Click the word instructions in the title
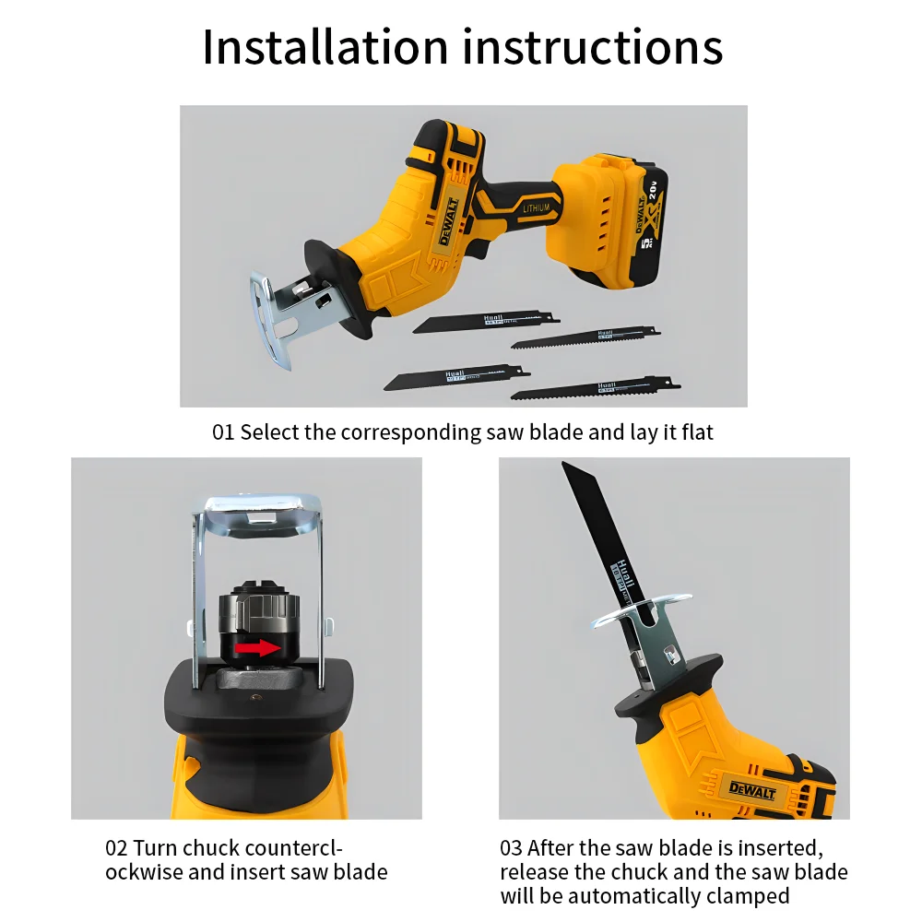[593, 47]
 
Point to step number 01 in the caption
[223, 432]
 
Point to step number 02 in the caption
[116, 848]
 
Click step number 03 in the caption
[512, 848]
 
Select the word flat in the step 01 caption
[698, 432]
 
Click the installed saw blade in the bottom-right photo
[599, 535]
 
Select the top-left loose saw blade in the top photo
[484, 321]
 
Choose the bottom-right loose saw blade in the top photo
[595, 388]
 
